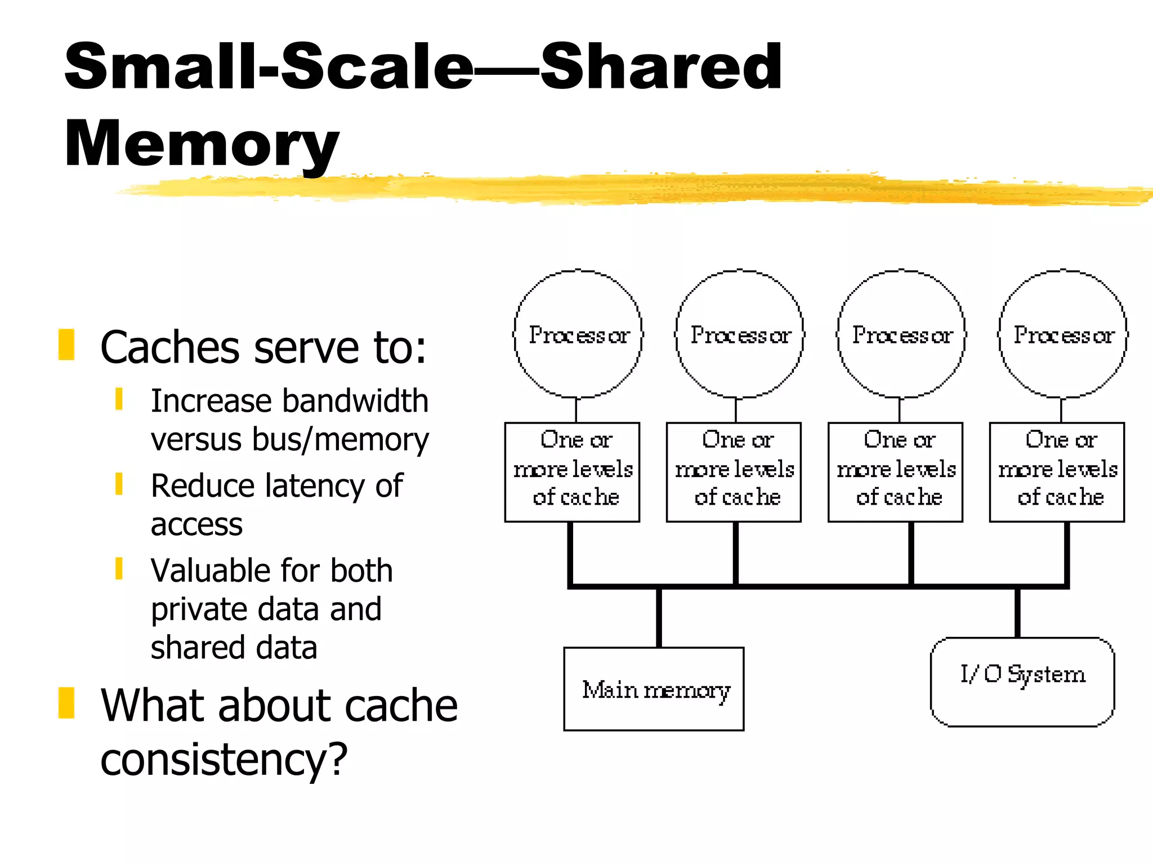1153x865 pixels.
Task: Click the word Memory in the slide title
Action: tap(201, 144)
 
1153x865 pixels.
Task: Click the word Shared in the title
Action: tap(661, 68)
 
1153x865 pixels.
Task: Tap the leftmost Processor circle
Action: tap(578, 335)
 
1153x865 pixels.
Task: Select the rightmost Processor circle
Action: tap(1063, 335)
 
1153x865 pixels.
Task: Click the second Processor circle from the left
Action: tap(740, 335)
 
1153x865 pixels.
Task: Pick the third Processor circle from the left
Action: tap(901, 335)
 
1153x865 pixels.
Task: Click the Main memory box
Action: tap(654, 689)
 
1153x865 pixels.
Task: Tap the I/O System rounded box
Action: tap(1022, 682)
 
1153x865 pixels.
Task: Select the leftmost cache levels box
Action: tap(572, 472)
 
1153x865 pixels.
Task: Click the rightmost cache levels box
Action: tap(1057, 472)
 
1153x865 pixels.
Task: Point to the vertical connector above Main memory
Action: tap(659, 617)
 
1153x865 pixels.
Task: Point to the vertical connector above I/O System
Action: tap(1017, 613)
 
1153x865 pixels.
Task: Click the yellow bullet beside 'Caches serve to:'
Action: tap(66, 344)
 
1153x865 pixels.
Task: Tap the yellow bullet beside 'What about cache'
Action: tap(66, 703)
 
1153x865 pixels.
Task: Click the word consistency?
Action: tap(224, 759)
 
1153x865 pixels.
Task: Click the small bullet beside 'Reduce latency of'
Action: tap(119, 484)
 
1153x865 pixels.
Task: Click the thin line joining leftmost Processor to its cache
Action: tap(576, 410)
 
